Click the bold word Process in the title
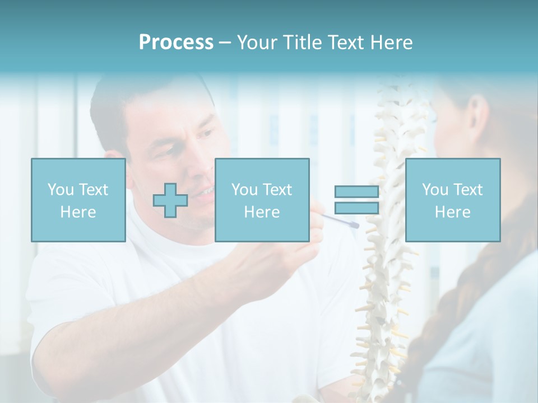[176, 43]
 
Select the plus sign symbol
[170, 200]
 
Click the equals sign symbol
[356, 200]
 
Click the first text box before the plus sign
[78, 200]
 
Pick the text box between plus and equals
[262, 200]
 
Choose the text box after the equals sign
[452, 200]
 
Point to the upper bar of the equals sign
[356, 192]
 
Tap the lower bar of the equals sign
[356, 208]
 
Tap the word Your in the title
[257, 43]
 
